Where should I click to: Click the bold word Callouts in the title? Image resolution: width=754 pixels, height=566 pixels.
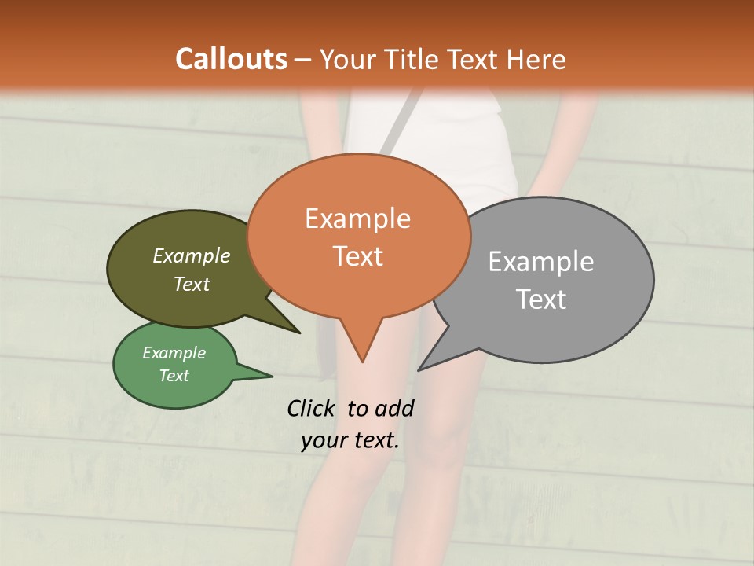tap(231, 59)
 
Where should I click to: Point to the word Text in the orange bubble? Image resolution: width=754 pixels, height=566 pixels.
tap(357, 255)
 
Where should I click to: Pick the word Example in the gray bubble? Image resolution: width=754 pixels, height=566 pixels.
tap(540, 261)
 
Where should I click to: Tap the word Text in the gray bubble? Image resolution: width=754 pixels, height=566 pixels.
tap(540, 299)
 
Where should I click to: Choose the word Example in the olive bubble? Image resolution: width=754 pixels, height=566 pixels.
tap(192, 255)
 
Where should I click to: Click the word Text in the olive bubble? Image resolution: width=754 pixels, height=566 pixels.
tap(192, 284)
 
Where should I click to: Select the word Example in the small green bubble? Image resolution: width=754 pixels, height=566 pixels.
tap(174, 353)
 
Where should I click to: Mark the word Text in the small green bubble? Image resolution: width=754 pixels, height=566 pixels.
tap(174, 376)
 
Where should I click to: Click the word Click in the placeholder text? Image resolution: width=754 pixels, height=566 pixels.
tap(310, 408)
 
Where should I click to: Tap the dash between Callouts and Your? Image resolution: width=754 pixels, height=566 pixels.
tap(303, 59)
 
